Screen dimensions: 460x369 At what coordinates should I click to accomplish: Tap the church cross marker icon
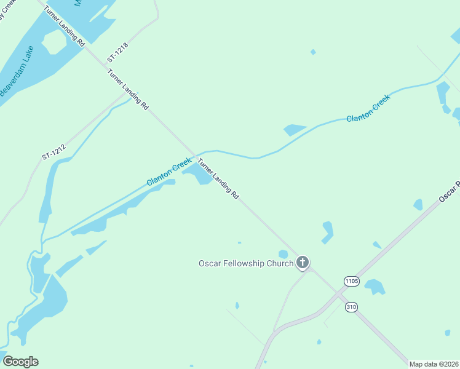coord(302,263)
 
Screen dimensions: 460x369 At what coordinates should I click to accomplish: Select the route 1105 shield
coord(351,281)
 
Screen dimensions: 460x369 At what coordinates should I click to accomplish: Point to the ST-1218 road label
coord(119,51)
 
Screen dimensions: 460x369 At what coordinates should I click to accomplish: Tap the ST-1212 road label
coord(54,148)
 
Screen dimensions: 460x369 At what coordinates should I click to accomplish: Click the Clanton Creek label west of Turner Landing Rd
coord(169,172)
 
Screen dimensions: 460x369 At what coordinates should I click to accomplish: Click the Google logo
coord(20,362)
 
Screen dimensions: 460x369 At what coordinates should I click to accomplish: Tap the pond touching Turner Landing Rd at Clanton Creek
coord(201,174)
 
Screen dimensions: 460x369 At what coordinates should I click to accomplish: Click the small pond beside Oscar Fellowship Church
coord(283,254)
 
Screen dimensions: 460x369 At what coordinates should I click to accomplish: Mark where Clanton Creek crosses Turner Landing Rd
coord(196,154)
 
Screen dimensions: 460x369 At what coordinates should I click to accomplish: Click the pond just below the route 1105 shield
coord(374,286)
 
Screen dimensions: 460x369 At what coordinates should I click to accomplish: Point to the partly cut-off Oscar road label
coord(449,192)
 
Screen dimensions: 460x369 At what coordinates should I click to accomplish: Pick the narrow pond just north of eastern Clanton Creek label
coord(295,130)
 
